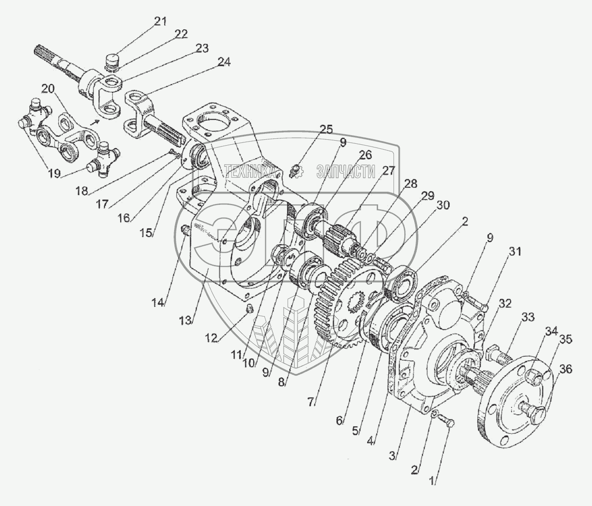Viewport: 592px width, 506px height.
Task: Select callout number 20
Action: [48, 89]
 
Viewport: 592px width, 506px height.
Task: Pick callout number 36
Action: [565, 369]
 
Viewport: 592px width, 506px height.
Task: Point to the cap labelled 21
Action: [112, 60]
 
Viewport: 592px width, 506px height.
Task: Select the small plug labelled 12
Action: [248, 309]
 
